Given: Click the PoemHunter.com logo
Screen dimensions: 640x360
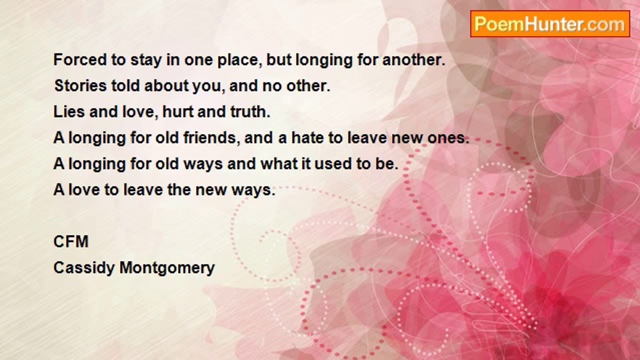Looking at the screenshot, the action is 550,24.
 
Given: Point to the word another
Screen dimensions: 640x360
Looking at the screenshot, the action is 414,60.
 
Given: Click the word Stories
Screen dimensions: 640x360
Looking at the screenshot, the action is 80,85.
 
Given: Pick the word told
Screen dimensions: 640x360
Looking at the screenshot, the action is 125,85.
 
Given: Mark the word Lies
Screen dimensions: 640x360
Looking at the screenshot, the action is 69,111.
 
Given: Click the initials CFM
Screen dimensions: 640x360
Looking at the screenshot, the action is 71,241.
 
